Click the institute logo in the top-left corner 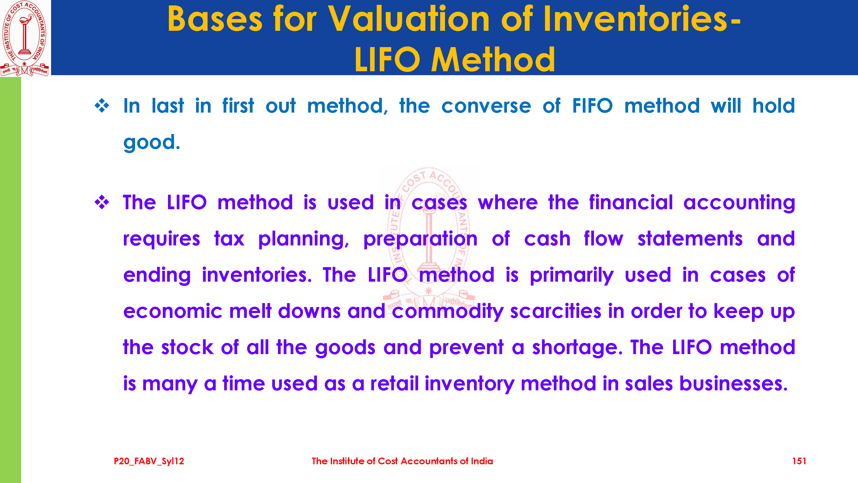pyautogui.click(x=25, y=38)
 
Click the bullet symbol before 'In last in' pyautogui.click(x=102, y=106)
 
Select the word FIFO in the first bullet pyautogui.click(x=592, y=106)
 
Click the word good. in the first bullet pyautogui.click(x=152, y=142)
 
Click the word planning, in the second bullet pyautogui.click(x=303, y=239)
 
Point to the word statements pyautogui.click(x=690, y=239)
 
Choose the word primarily pyautogui.click(x=572, y=275)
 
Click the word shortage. pyautogui.click(x=577, y=348)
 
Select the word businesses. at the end pyautogui.click(x=734, y=383)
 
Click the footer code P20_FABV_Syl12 pyautogui.click(x=149, y=461)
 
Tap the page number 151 pyautogui.click(x=799, y=461)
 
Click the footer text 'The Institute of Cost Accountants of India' pyautogui.click(x=402, y=461)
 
